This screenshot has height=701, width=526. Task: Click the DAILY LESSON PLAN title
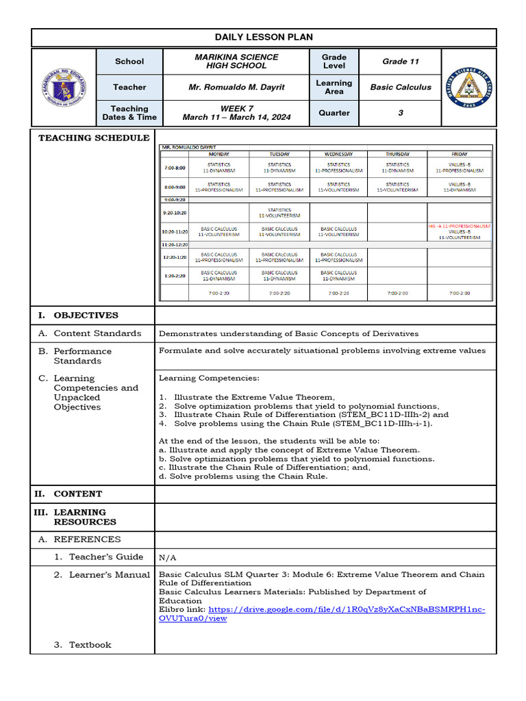click(264, 37)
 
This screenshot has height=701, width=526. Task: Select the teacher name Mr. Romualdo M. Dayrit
click(236, 87)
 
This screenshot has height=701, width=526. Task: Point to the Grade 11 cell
click(401, 62)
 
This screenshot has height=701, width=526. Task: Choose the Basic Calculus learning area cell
click(401, 87)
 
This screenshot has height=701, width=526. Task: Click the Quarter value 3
click(401, 113)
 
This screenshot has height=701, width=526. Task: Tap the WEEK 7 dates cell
click(236, 113)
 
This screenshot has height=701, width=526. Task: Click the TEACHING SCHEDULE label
click(94, 138)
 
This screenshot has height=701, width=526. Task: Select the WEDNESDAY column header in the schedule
click(338, 155)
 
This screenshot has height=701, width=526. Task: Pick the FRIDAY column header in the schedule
click(460, 155)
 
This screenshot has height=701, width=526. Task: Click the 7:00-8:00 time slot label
click(174, 168)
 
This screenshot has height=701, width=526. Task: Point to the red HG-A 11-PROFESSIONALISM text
click(460, 226)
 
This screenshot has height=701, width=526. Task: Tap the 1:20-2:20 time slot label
click(174, 275)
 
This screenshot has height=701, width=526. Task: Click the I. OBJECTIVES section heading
click(78, 316)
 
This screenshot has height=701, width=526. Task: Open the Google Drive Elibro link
click(322, 613)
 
